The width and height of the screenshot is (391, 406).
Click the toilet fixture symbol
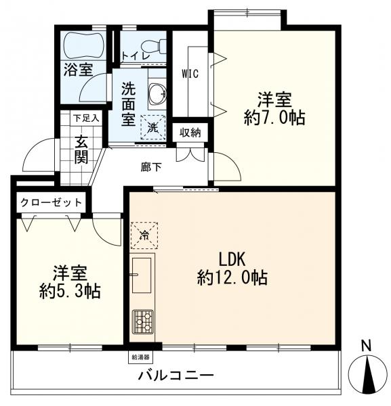pos(153,47)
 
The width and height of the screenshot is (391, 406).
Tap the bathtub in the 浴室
pos(84,46)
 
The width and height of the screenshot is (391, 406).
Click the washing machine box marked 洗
pos(152,127)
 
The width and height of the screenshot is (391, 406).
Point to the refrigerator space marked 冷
pos(144,235)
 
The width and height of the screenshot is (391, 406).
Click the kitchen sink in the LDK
pos(142,275)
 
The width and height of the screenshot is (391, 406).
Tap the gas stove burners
pos(143,321)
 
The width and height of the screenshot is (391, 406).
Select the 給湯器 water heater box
pos(141,357)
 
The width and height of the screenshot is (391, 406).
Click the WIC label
pos(190,74)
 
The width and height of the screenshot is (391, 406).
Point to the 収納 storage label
pos(190,133)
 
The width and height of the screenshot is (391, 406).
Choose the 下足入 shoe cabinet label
pos(86,118)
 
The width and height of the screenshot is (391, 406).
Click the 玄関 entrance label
pos(81,150)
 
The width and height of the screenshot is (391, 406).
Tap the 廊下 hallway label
pos(151,167)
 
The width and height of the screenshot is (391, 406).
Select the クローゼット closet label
pos(51,202)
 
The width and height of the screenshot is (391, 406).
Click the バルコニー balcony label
pos(176,375)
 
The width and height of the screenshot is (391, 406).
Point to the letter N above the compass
pos(366,346)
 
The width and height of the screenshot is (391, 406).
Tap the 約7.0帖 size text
pos(274,118)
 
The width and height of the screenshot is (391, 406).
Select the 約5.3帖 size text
pos(70,292)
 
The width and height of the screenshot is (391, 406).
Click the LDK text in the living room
pos(232,259)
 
